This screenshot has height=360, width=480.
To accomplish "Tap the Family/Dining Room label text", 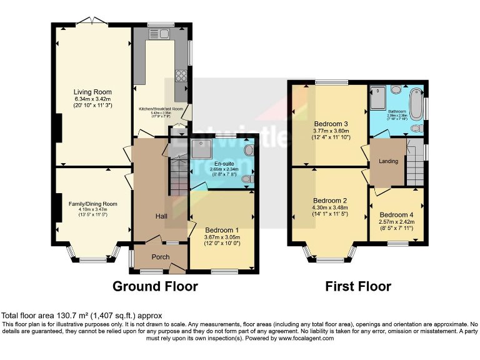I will (93, 204).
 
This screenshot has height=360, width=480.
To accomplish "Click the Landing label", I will (388, 161).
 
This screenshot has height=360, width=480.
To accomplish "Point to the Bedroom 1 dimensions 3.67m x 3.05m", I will (222, 237).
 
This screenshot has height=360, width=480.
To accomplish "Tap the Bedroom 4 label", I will (397, 214).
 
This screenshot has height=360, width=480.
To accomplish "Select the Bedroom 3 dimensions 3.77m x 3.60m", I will (331, 131).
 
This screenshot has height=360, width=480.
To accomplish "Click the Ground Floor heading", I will (155, 287).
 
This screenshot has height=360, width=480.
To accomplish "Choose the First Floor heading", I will (358, 287).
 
